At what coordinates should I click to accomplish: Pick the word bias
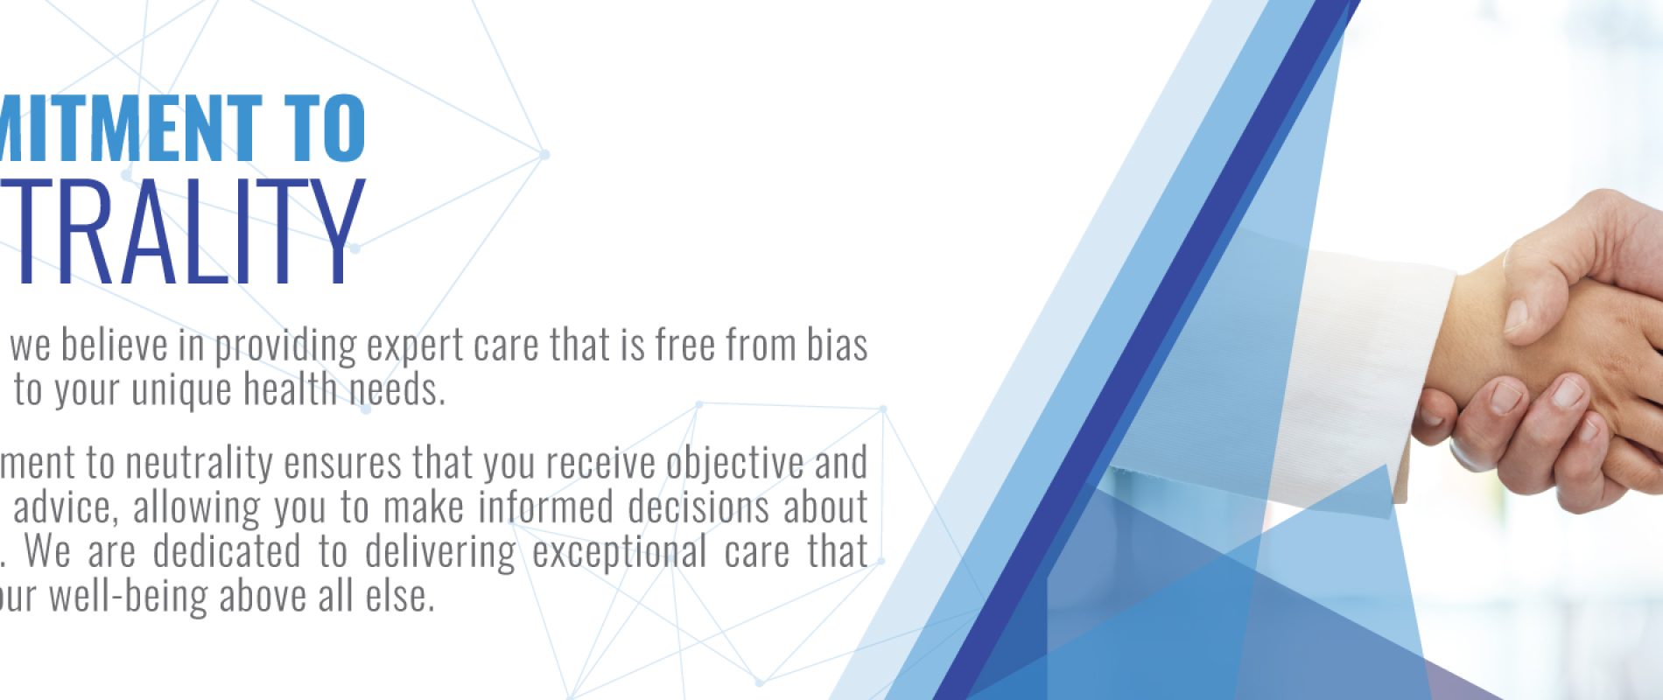[837, 346]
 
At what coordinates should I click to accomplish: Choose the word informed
[547, 507]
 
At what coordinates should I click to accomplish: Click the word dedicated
[227, 552]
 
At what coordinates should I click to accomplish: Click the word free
[684, 346]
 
